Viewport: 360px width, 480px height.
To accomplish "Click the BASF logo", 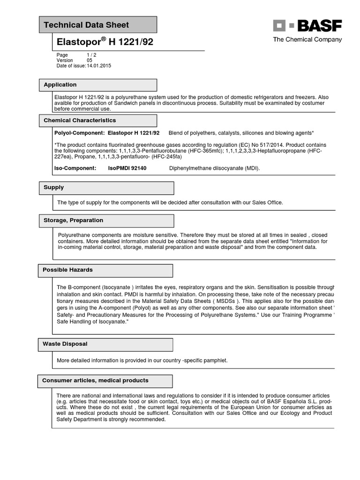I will point(307,26).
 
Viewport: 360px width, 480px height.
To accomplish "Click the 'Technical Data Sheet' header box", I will point(97,25).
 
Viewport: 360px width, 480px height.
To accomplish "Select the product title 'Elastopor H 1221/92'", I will point(105,42).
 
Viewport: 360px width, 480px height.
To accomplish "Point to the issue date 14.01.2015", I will point(99,66).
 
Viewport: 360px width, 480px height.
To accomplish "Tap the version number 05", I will point(90,60).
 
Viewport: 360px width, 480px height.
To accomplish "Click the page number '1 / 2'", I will point(92,55).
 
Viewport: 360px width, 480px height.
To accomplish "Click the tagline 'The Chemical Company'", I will point(307,40).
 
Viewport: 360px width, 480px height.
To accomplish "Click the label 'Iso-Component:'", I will point(75,168).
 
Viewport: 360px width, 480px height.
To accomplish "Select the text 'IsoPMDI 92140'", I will point(127,168).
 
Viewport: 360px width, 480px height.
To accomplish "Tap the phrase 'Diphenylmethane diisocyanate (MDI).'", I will point(214,168).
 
